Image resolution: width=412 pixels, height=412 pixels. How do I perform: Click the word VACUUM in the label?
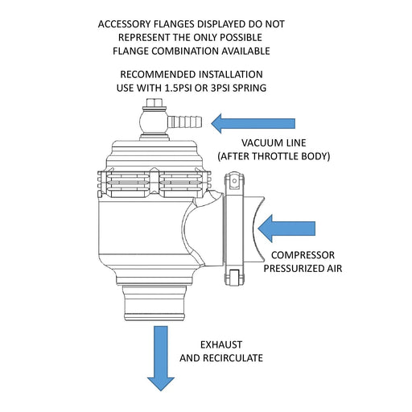pyautogui.click(x=253, y=141)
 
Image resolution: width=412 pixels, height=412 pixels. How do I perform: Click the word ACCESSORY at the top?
pyautogui.click(x=130, y=24)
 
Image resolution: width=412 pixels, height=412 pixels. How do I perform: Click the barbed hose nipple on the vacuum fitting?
pyautogui.click(x=186, y=123)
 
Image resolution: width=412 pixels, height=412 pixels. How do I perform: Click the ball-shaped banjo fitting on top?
pyautogui.click(x=152, y=123)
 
